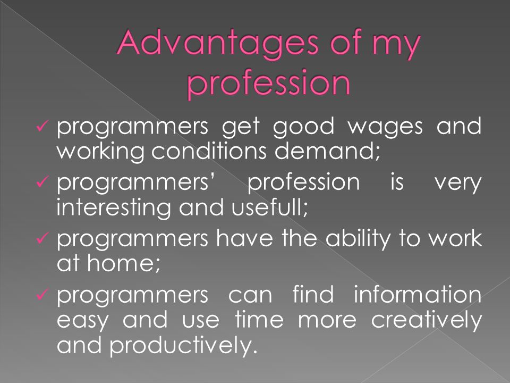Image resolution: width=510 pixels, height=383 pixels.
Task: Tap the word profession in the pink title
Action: click(x=269, y=83)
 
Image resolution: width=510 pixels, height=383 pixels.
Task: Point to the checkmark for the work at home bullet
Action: click(x=42, y=238)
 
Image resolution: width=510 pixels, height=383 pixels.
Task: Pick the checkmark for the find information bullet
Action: click(x=42, y=294)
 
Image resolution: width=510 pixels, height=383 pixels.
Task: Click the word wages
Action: click(x=386, y=128)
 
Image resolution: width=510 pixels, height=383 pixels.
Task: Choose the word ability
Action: click(x=358, y=238)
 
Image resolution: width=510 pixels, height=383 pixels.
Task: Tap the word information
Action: click(x=418, y=294)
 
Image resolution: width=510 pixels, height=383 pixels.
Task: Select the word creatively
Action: click(x=427, y=320)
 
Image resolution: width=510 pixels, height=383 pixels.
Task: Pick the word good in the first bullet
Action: click(x=303, y=128)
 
